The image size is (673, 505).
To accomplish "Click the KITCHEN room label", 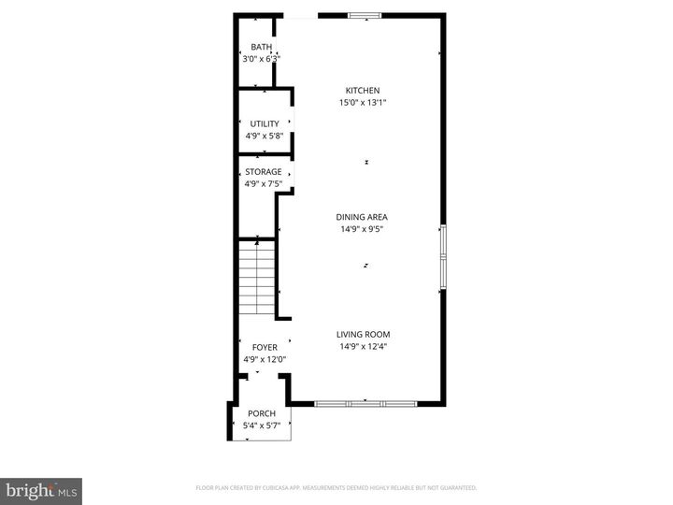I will coord(363,90).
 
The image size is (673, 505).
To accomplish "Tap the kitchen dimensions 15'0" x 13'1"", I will coord(363,103).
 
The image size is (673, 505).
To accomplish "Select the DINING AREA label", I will coord(362,217).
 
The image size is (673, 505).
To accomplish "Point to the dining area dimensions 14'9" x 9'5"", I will coord(362,229).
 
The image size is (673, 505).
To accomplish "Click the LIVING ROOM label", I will coord(363,334).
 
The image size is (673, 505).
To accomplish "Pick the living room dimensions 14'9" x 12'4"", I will coord(363,347).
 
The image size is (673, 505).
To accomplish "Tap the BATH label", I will coord(261,47).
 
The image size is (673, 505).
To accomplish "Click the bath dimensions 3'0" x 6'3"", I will coord(261,59).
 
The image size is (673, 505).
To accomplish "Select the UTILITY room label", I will coord(264,123).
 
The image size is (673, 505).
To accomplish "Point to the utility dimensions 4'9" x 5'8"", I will coord(264,136).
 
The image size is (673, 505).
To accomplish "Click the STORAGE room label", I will coord(264,171).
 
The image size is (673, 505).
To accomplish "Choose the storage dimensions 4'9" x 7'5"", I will coord(264,183).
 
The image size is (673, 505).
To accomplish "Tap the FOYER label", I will coord(264,347).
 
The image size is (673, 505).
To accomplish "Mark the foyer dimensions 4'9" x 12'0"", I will coord(264,359).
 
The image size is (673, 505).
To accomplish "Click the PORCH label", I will coord(262,413).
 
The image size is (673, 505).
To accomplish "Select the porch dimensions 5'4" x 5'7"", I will coord(262,426).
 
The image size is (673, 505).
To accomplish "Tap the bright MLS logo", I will coord(41,490).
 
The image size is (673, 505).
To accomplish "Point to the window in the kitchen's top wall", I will coord(365,15).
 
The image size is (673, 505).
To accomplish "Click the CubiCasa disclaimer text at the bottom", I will coord(336,487).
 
